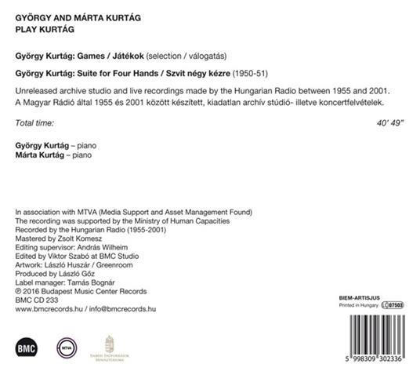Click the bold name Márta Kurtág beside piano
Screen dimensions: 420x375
40,157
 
